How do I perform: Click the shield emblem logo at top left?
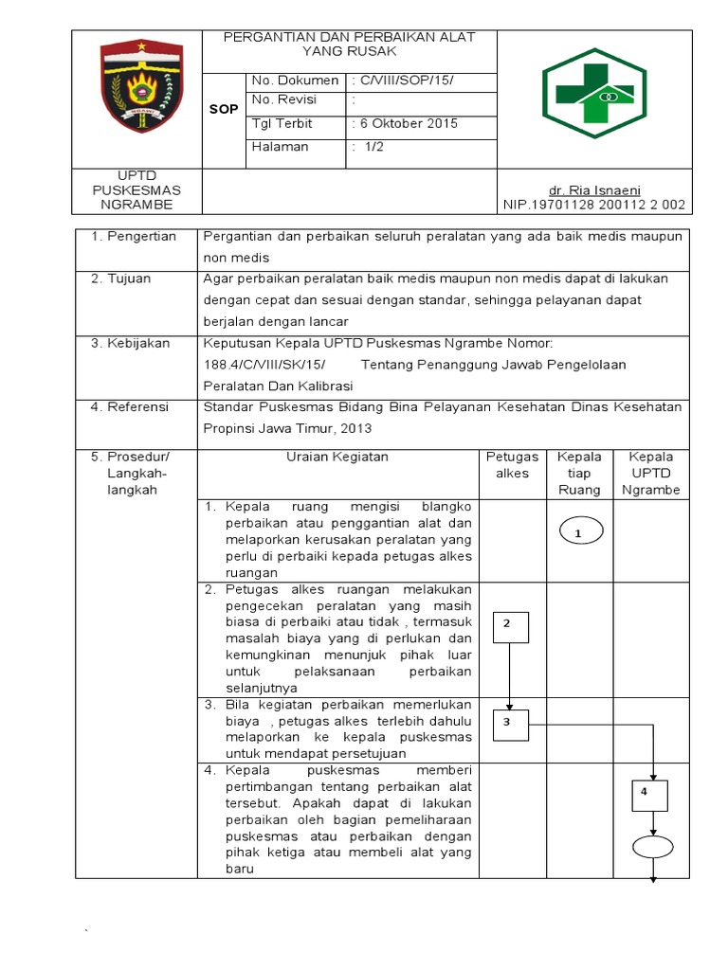coord(139,88)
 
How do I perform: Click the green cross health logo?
coord(594,92)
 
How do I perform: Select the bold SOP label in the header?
coord(224,110)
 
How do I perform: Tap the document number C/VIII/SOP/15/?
coord(402,81)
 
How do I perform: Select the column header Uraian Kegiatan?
coord(337,457)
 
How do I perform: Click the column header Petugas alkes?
coord(513,464)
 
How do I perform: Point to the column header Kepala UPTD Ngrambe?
coord(650,473)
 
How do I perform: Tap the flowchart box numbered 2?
coord(510,625)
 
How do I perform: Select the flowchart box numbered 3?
coord(510,725)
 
